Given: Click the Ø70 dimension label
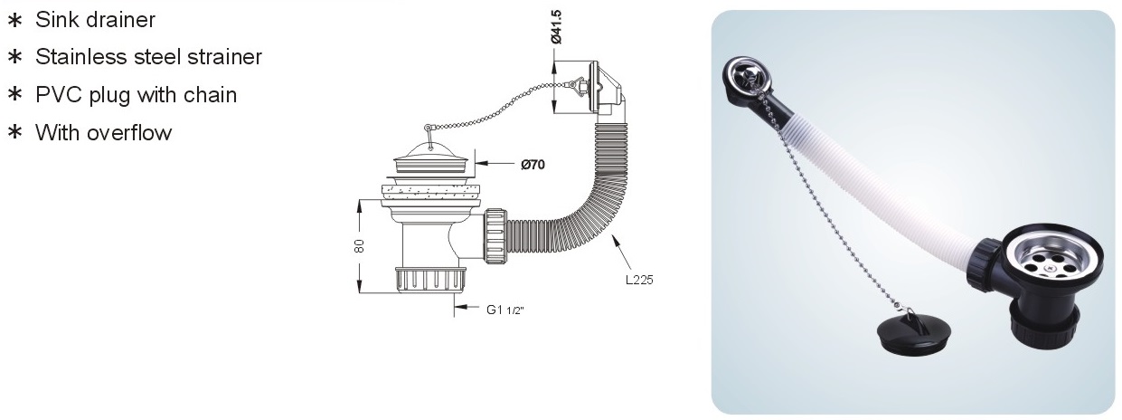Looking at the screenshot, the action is coord(533,165).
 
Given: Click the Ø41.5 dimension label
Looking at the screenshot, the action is coord(556,27).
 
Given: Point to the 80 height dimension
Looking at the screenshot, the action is coord(359,246).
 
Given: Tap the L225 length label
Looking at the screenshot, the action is coord(639,280).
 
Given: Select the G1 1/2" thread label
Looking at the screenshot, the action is coord(504,310).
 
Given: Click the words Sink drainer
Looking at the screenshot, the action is coord(95,20).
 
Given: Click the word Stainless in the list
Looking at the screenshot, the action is coord(81,57).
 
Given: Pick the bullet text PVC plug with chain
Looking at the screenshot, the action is coord(137,95).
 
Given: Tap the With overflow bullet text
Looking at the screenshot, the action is coord(104,133).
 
